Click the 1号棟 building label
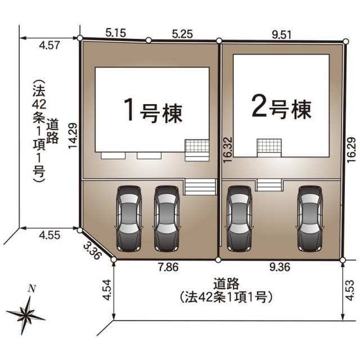(154, 111)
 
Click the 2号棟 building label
(281, 107)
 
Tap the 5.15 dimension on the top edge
(116, 33)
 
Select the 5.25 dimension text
(182, 34)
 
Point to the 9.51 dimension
(281, 35)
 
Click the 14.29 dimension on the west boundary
(73, 136)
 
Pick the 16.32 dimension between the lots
(228, 150)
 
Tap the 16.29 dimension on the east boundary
(351, 150)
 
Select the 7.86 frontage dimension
(169, 267)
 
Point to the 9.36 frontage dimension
(280, 267)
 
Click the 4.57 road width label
(49, 45)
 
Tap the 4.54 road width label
(107, 290)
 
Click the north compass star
(26, 314)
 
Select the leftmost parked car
(129, 218)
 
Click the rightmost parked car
(309, 218)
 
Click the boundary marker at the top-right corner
(346, 41)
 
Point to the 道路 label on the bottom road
(226, 283)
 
